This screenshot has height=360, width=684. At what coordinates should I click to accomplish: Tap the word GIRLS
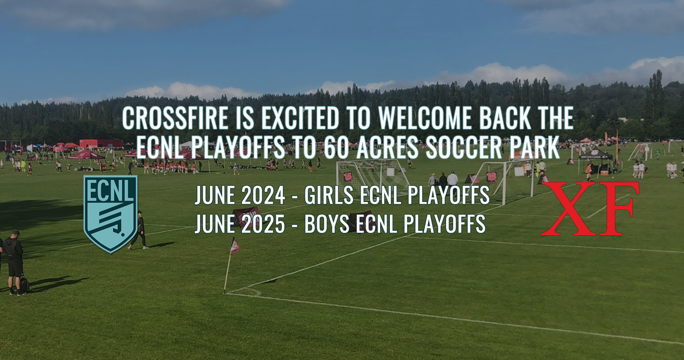tap(329, 195)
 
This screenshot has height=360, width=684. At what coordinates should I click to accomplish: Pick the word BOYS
tap(327, 224)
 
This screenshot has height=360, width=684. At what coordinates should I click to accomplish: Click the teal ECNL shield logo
tap(110, 214)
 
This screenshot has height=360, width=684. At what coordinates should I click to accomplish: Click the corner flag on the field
tap(234, 246)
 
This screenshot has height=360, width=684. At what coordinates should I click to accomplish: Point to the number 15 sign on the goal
tap(348, 176)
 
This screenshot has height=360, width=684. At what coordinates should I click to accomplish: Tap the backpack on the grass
tap(24, 285)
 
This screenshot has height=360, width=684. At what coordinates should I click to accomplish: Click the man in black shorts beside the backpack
tap(14, 263)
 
